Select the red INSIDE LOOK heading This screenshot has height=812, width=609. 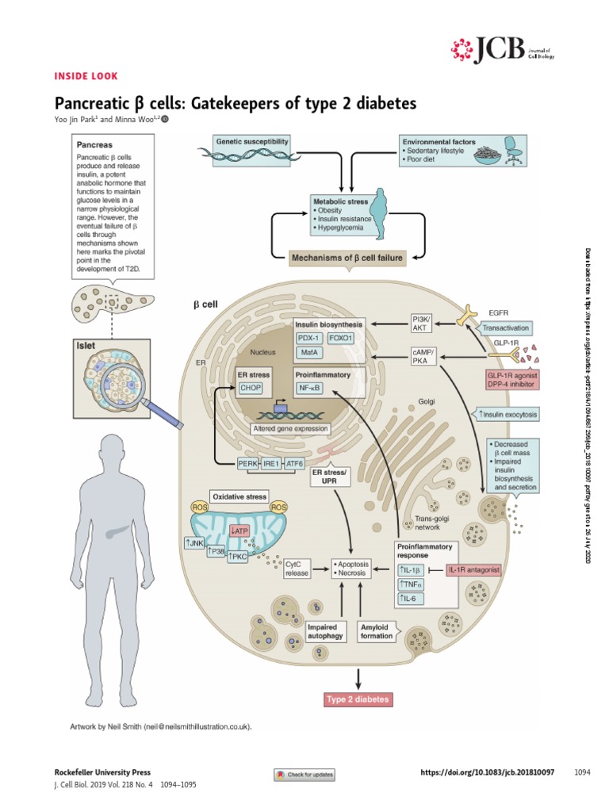[x=86, y=76]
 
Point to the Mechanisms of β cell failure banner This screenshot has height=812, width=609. [x=346, y=257]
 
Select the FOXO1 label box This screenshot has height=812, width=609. [x=346, y=337]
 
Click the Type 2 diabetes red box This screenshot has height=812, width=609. [x=358, y=699]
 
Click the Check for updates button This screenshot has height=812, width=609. [x=304, y=774]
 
